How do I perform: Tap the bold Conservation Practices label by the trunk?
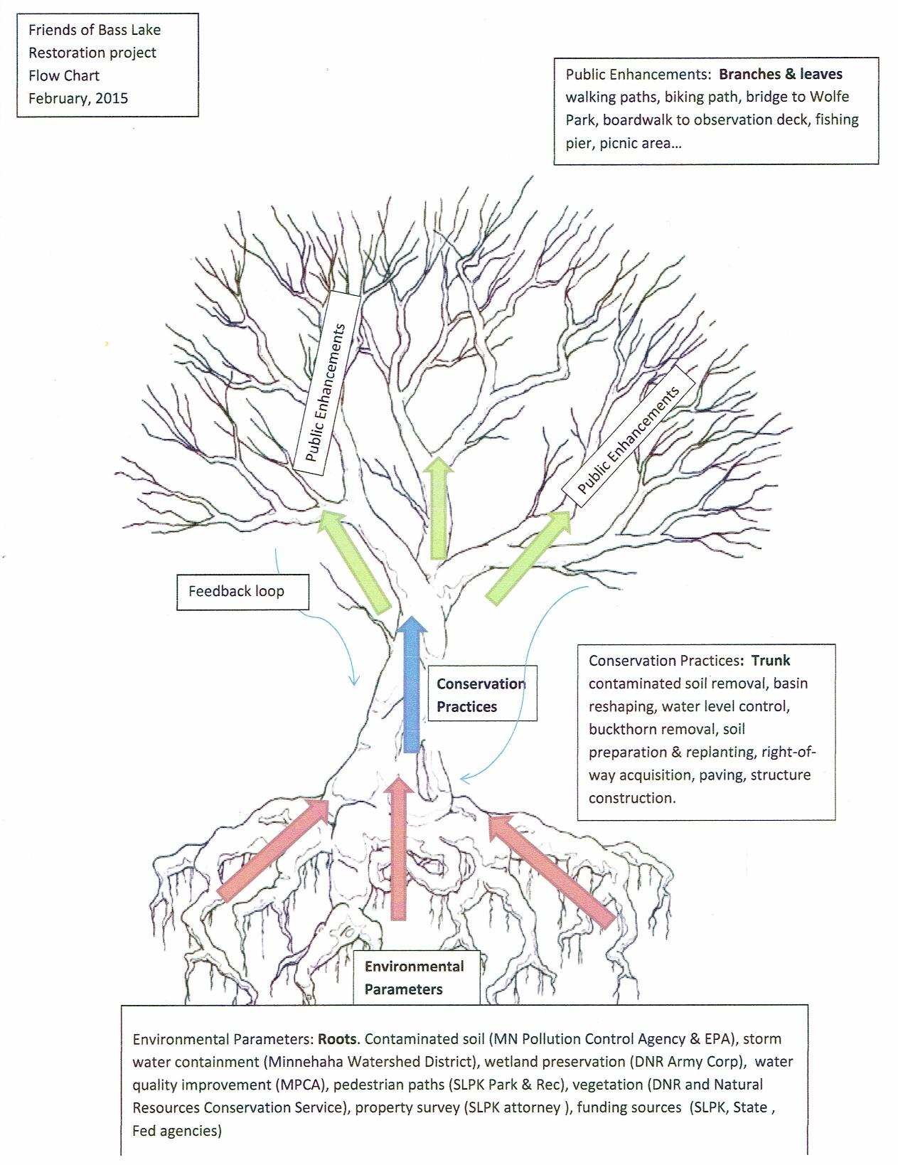pyautogui.click(x=481, y=695)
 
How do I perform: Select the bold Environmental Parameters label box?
pyautogui.click(x=415, y=977)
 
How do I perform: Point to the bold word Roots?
pyautogui.click(x=337, y=1038)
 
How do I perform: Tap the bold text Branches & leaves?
pyautogui.click(x=781, y=74)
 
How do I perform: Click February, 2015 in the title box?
pyautogui.click(x=78, y=98)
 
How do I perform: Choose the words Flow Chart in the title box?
pyautogui.click(x=64, y=75)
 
